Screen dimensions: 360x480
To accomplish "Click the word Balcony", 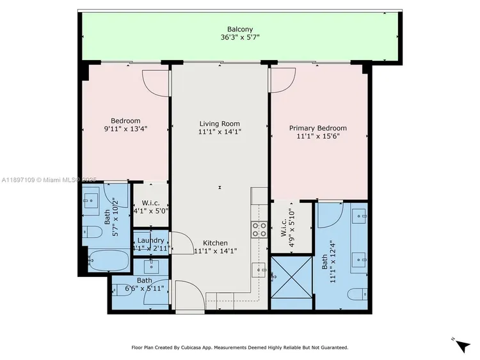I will tap(240, 29).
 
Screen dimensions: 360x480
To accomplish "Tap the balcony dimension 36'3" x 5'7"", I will tap(240, 37).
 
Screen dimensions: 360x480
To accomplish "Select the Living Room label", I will tap(220, 124).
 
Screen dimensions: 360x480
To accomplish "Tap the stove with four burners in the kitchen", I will tap(259, 230).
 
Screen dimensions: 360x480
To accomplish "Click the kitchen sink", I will tap(259, 269).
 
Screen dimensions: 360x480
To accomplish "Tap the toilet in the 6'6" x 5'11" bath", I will tap(121, 289).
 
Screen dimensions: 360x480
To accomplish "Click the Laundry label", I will tap(151, 240).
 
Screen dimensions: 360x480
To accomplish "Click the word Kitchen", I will tap(216, 243).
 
